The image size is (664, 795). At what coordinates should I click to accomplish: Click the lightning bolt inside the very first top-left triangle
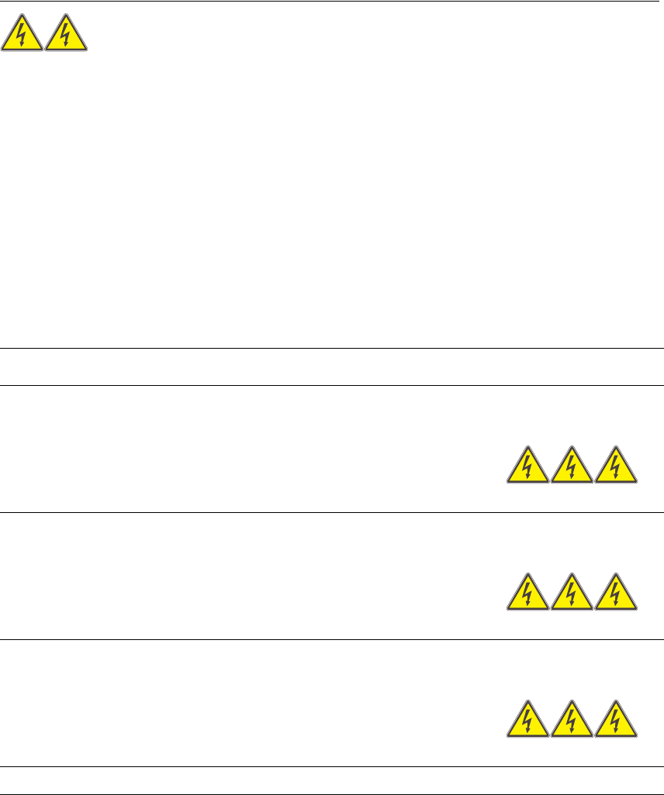tap(22, 35)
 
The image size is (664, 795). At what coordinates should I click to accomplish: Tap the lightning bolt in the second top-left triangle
tap(66, 35)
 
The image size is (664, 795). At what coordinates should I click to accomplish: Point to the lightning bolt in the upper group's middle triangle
tap(572, 468)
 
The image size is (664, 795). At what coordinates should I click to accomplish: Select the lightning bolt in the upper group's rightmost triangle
tap(616, 468)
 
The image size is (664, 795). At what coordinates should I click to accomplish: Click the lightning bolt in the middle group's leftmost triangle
tap(527, 595)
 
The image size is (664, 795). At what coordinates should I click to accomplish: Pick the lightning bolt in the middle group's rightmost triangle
tap(616, 595)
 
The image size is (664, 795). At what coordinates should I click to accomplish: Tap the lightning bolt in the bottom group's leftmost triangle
tap(527, 722)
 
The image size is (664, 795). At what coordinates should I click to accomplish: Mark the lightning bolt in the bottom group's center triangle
tap(572, 722)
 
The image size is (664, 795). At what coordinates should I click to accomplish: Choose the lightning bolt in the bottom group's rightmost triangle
tap(616, 722)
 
